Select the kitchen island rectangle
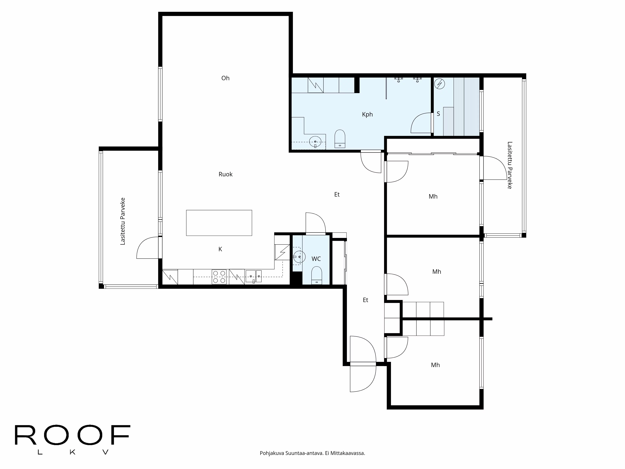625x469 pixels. [x=219, y=223]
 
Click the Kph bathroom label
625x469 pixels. [x=367, y=114]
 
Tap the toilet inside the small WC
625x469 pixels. [x=316, y=276]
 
